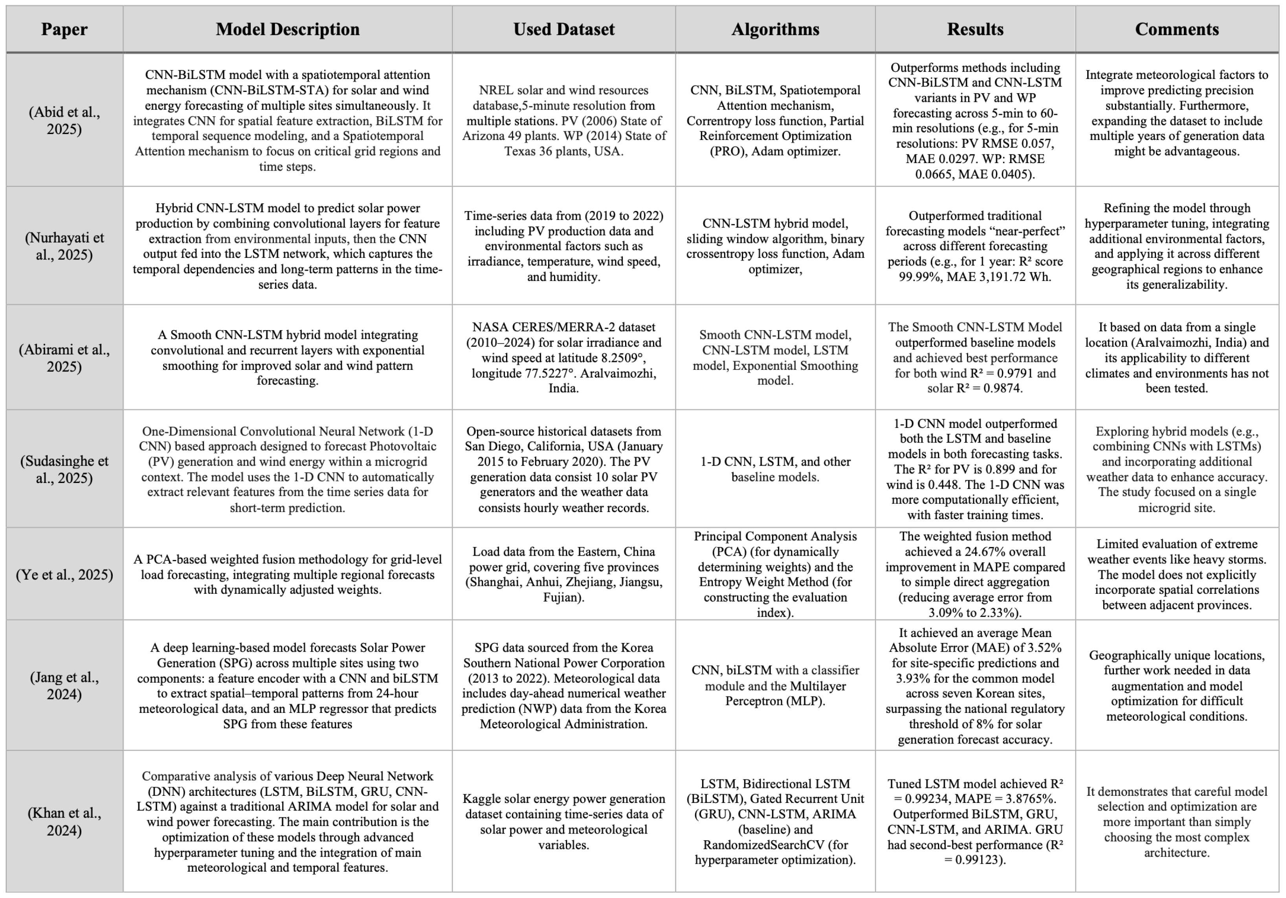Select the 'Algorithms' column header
[775, 29]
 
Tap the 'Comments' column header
[1177, 29]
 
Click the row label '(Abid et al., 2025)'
[64, 120]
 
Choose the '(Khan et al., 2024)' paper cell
[64, 821]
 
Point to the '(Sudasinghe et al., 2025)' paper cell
[64, 470]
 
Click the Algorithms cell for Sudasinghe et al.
[775, 470]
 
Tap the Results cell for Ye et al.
[975, 574]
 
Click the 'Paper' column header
[64, 29]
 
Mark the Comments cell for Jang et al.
[1177, 686]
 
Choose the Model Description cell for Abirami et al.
[287, 357]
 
